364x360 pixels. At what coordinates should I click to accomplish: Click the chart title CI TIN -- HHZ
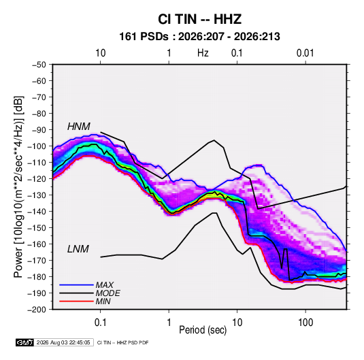(199, 19)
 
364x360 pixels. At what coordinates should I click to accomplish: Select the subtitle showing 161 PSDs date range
(199, 37)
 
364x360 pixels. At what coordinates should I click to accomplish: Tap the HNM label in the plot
(79, 127)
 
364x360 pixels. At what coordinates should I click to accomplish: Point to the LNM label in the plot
(78, 249)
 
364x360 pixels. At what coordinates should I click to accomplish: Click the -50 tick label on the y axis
(39, 65)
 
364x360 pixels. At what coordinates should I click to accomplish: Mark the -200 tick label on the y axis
(37, 310)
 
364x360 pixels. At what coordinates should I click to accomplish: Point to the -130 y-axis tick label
(37, 195)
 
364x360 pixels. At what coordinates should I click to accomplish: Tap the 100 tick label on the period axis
(305, 323)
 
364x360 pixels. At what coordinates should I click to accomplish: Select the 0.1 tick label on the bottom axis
(100, 323)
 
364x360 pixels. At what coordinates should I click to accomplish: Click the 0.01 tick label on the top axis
(305, 53)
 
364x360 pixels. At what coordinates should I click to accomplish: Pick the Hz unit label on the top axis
(203, 53)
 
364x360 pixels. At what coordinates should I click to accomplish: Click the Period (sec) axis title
(203, 330)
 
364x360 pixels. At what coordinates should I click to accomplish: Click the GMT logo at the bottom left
(24, 342)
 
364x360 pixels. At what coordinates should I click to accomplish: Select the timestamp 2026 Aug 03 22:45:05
(63, 342)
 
